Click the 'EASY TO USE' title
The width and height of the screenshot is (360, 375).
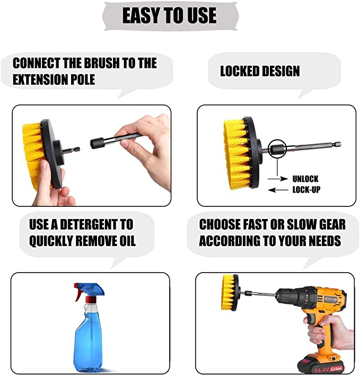169,15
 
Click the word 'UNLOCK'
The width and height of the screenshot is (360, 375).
305,179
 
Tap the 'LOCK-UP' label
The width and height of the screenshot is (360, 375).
306,189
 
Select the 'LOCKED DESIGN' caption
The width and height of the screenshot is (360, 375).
260,71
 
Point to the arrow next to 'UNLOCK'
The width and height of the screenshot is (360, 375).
283,179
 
